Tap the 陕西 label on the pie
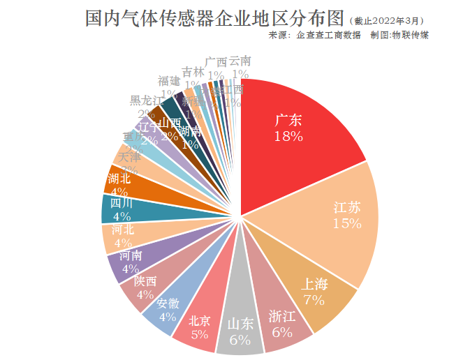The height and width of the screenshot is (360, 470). tap(146, 282)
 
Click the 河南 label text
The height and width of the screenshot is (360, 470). tap(130, 255)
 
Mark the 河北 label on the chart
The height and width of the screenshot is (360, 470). tap(123, 229)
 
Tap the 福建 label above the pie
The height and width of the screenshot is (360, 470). tap(169, 80)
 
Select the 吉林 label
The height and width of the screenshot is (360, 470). tap(193, 72)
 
